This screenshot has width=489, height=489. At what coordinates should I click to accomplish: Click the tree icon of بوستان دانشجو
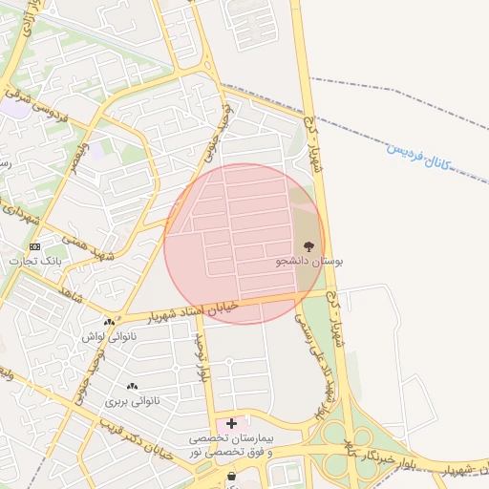point(308,245)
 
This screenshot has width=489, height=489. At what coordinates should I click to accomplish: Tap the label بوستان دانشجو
point(309,261)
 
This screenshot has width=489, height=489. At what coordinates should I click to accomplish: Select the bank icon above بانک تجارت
point(35,246)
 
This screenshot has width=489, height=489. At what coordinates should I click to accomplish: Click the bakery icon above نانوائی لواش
point(110,323)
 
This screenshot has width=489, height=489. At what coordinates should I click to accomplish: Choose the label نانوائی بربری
point(129,401)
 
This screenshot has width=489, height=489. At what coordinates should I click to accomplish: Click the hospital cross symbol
point(231,421)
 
